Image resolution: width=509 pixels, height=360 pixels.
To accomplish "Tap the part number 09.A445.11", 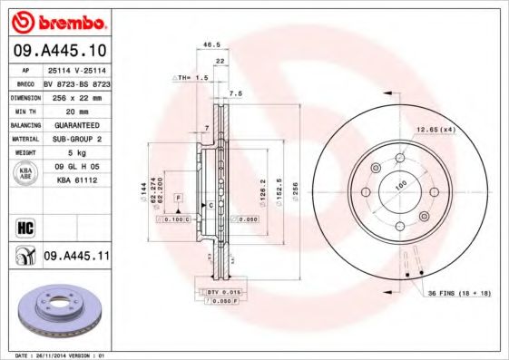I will (x=76, y=258).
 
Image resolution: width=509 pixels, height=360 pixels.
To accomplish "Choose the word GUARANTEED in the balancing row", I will (x=75, y=123).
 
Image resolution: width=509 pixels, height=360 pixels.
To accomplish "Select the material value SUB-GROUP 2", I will (x=75, y=139).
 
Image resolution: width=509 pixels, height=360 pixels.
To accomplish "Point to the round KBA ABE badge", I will (x=25, y=174).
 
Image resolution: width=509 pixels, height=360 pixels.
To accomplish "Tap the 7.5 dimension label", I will (x=236, y=93).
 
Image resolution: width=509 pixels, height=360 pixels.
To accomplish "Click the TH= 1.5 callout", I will (x=191, y=79).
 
